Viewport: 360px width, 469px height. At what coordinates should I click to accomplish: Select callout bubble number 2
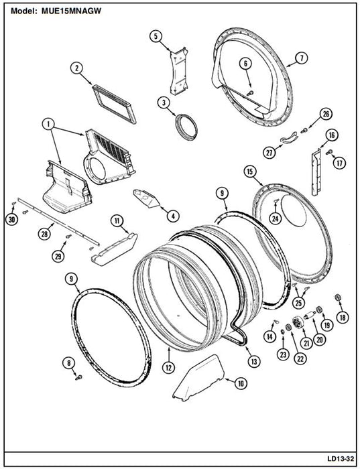[x=76, y=68]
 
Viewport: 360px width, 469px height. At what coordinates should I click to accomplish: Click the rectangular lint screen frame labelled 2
[x=115, y=103]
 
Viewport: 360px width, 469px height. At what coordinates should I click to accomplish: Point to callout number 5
[x=156, y=36]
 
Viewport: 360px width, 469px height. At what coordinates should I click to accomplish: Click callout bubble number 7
[x=302, y=58]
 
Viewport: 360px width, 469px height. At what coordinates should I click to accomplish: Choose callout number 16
[x=332, y=135]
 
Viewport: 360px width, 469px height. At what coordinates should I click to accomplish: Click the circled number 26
[x=325, y=114]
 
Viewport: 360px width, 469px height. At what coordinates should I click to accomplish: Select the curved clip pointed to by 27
[x=289, y=138]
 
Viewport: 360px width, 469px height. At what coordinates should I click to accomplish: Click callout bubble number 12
[x=169, y=368]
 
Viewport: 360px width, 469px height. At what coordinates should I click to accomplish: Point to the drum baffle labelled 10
[x=198, y=377]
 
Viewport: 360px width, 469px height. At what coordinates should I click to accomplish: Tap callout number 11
[x=117, y=221]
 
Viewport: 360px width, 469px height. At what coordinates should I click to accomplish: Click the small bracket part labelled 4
[x=147, y=198]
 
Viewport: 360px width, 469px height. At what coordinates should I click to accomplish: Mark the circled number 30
[x=11, y=219]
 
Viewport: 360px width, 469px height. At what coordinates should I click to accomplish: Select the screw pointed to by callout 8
[x=78, y=378]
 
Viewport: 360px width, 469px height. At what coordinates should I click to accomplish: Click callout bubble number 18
[x=343, y=317]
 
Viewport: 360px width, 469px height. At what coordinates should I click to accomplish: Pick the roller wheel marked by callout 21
[x=298, y=323]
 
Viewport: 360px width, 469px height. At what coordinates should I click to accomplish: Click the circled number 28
[x=44, y=234]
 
